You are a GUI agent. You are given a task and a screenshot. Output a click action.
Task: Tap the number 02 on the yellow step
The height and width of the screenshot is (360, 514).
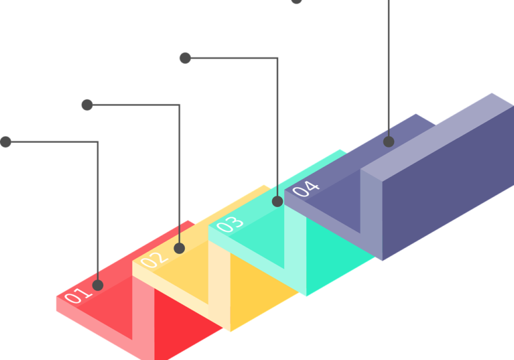coord(154,259)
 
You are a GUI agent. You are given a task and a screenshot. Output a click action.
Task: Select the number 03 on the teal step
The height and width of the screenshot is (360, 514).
coord(230,224)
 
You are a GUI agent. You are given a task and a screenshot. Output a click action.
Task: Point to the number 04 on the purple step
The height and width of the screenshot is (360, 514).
coord(306,188)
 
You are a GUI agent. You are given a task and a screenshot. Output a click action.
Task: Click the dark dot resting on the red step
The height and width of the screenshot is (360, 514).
coord(98,285)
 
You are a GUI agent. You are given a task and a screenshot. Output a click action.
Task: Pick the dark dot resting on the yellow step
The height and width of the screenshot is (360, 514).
coord(180,248)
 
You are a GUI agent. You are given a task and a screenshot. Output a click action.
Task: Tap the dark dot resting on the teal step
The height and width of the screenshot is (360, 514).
coord(277,201)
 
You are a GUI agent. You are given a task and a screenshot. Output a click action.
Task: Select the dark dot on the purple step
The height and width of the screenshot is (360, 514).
coord(389,141)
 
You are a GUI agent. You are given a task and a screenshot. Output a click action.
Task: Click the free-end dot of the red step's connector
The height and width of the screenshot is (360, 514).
coord(5,142)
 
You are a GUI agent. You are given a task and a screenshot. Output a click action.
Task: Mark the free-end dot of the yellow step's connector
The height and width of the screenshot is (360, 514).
coord(87,105)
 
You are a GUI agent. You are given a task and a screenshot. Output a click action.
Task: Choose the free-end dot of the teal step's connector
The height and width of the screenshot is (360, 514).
coord(185,58)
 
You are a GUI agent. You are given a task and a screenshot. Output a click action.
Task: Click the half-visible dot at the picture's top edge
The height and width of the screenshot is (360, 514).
coord(296,1)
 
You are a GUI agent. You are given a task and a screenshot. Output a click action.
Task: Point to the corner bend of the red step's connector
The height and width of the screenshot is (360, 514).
coord(98,142)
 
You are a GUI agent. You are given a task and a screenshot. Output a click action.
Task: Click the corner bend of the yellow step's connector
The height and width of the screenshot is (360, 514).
coord(180,105)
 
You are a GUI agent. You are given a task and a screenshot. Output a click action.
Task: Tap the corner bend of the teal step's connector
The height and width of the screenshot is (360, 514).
coord(277,58)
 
